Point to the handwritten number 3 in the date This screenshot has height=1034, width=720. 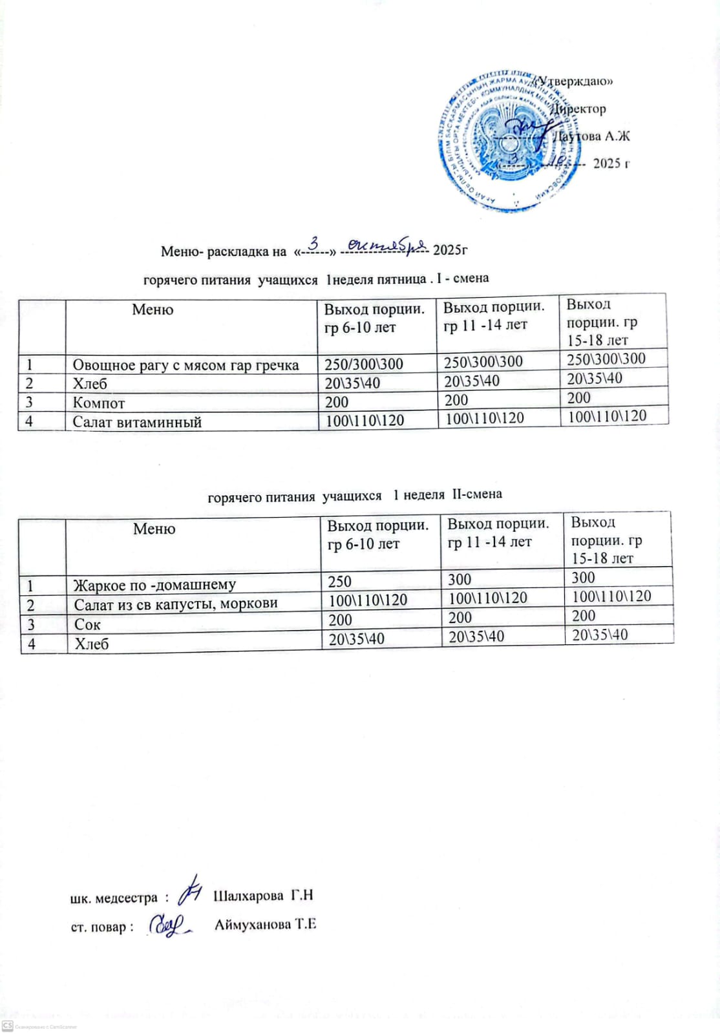coord(315,244)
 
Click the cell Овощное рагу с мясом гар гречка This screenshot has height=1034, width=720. coord(185,365)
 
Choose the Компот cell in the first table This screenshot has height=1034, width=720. coord(99,403)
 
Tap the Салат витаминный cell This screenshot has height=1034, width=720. coord(137,423)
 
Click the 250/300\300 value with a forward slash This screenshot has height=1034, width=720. coord(364,364)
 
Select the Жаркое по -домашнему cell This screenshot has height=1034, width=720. coord(154,586)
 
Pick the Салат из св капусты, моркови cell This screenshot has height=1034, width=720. coord(176,604)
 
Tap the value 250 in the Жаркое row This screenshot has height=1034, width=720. coord(340,582)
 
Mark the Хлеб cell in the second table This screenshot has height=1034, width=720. coord(92,644)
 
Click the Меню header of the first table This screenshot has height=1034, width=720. coord(153,310)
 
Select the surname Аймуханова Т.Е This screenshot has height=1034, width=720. coord(265,924)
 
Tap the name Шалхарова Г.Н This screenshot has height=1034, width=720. coord(263,896)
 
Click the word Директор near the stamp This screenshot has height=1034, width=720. coord(579,109)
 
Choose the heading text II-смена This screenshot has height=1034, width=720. coord(477,494)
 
